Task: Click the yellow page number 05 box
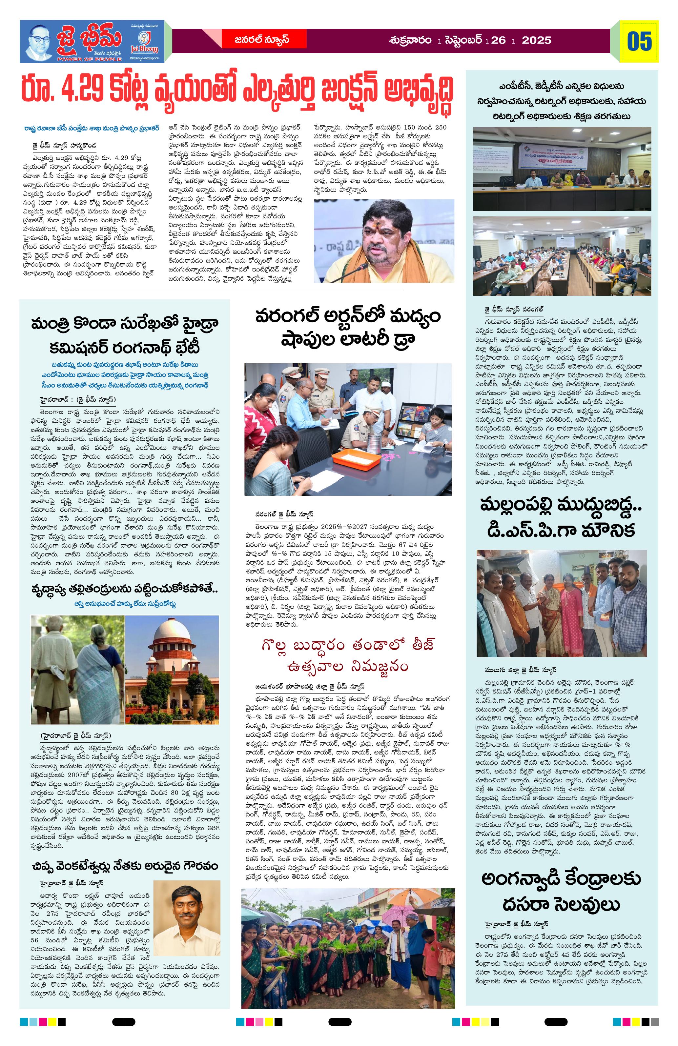[639, 41]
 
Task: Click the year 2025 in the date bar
[536, 40]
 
